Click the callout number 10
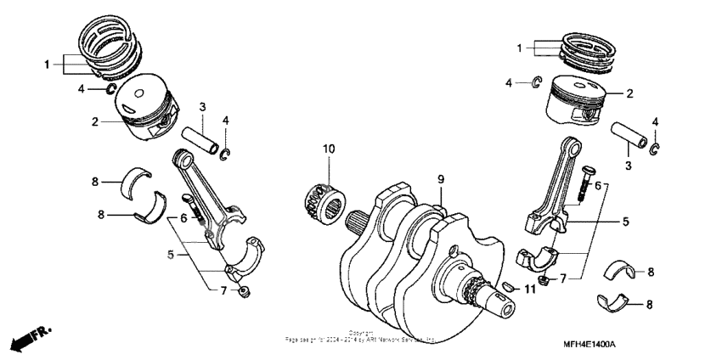point(328,149)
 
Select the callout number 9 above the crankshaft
point(441,179)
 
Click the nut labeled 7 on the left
point(245,293)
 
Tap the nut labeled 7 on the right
point(542,281)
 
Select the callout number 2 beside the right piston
point(629,95)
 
